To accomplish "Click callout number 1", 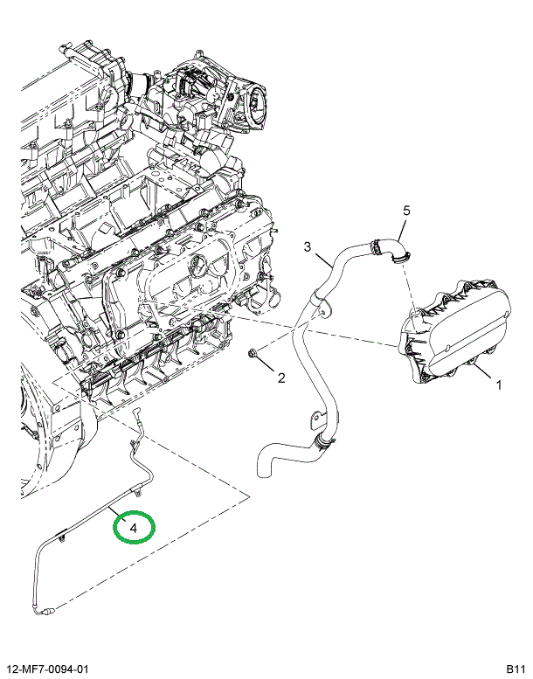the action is point(498,385).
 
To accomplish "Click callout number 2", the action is point(281,378).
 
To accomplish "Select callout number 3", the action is point(307,246).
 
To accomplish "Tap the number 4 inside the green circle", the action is point(133,528).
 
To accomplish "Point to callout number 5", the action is point(406,211).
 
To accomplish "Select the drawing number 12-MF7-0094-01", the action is point(46,669).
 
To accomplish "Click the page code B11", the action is point(516,669).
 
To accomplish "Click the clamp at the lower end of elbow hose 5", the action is point(401,258).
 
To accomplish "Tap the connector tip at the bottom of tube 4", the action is point(48,612).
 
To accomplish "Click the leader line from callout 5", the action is point(402,229).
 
